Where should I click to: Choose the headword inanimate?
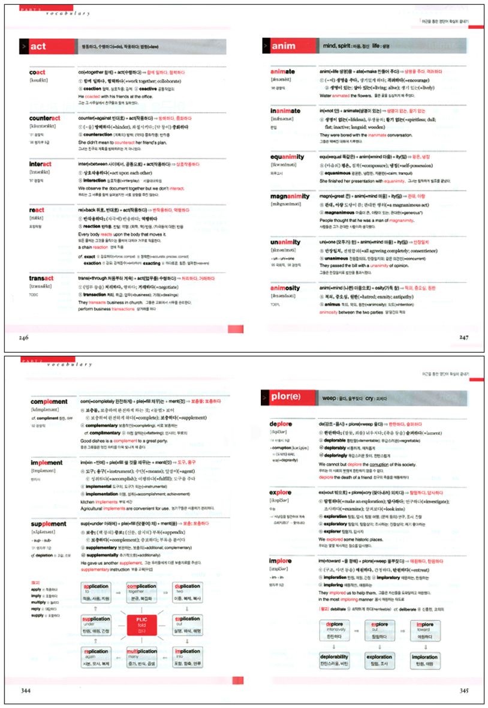click(x=285, y=111)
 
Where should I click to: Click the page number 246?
click(x=23, y=338)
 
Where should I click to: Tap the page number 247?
click(x=464, y=338)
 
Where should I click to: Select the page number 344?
click(x=24, y=691)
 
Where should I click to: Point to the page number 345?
click(x=464, y=691)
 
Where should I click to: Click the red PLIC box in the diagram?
click(x=141, y=625)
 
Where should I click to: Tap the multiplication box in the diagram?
click(x=141, y=657)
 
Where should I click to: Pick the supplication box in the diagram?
click(x=96, y=624)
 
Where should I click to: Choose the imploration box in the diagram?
click(x=424, y=660)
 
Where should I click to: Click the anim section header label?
click(x=284, y=46)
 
